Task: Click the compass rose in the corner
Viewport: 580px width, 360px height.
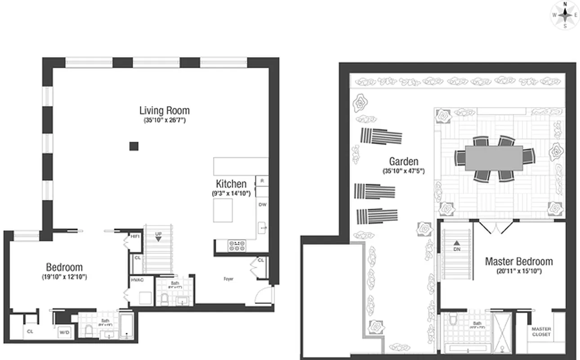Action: click(565, 15)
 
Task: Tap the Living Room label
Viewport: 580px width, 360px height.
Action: click(164, 110)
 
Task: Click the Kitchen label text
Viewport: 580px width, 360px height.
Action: click(231, 184)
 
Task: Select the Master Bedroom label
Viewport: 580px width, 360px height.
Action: click(519, 261)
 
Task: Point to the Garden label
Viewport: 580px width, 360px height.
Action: click(403, 161)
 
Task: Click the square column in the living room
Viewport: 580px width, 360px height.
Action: click(134, 146)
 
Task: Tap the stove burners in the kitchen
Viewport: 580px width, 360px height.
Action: click(237, 245)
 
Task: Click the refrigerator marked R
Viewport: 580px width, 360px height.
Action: click(262, 181)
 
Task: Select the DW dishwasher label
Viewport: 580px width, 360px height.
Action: click(262, 204)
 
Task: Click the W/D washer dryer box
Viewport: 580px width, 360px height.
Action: click(64, 333)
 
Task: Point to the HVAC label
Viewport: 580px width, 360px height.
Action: click(137, 280)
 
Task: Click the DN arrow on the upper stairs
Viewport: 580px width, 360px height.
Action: click(457, 246)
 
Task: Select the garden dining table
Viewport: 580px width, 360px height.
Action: click(494, 158)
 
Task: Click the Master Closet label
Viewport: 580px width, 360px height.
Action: click(541, 332)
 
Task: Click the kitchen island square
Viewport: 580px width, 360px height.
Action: click(223, 210)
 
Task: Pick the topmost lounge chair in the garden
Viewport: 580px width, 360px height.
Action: click(381, 135)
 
